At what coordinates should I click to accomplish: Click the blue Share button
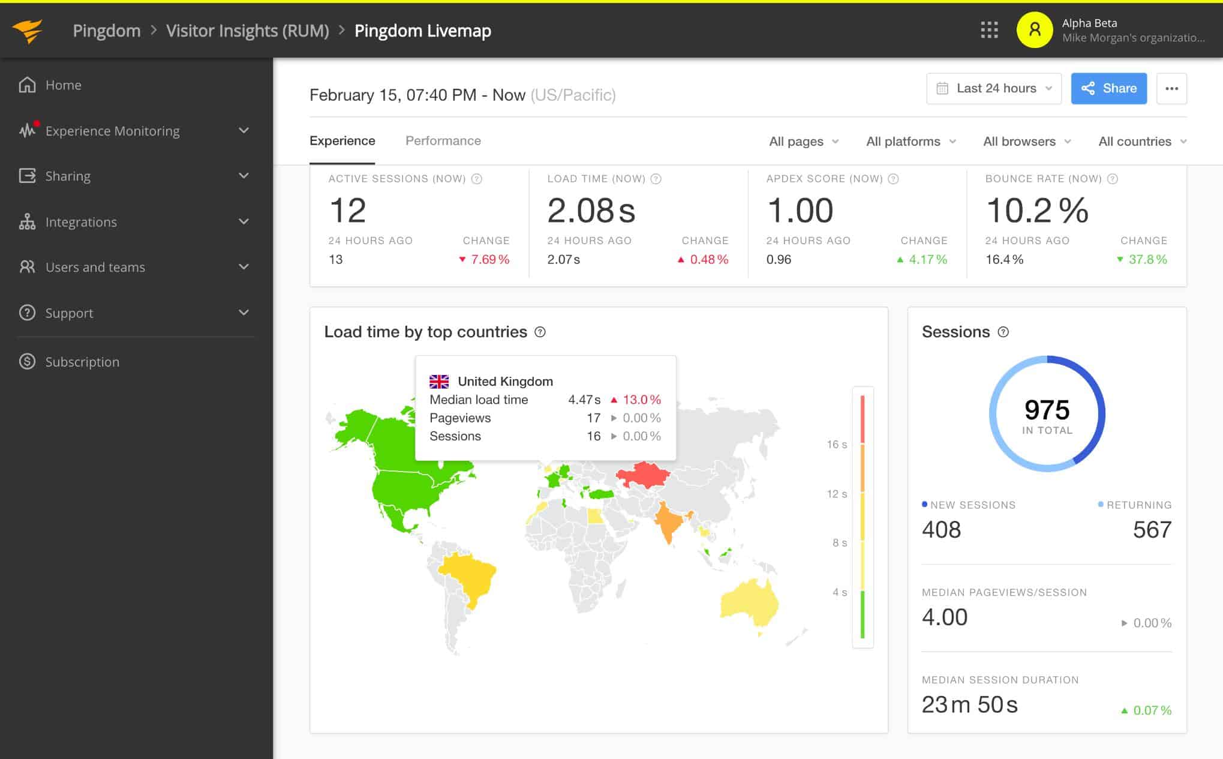click(x=1108, y=88)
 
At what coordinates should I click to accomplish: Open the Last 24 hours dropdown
click(x=994, y=88)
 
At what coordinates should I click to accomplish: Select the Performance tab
click(x=443, y=140)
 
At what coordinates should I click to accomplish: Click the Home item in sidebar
click(x=63, y=85)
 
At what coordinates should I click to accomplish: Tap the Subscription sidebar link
click(x=82, y=362)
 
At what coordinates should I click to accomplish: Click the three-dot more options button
click(x=1171, y=88)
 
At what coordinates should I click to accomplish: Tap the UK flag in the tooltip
click(x=439, y=382)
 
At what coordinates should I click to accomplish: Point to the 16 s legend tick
click(x=836, y=445)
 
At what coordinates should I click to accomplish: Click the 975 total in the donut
click(x=1047, y=410)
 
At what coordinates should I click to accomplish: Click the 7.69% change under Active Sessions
click(x=489, y=259)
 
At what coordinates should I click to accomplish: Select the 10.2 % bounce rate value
click(x=1036, y=211)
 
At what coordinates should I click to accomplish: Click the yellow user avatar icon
click(x=1035, y=30)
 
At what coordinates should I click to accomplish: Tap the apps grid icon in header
click(x=989, y=30)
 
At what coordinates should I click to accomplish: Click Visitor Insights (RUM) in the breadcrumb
click(x=247, y=31)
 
